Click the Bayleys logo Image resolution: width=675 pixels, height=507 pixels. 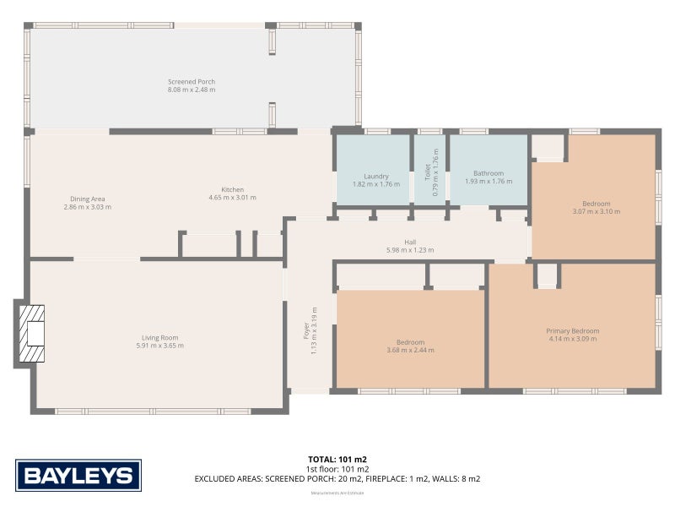point(78,475)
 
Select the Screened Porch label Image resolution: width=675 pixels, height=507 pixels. point(192,82)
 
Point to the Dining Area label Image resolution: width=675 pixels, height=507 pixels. point(88,199)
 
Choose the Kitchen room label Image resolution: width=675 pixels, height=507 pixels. point(232,189)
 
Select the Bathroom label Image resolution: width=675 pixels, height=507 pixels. point(488,173)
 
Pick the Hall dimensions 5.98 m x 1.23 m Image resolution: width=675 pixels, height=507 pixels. point(409,250)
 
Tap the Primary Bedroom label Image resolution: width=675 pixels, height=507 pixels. point(572,330)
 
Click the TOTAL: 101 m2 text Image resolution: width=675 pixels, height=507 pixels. point(337,459)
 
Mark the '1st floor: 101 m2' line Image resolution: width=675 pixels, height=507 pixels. point(337,469)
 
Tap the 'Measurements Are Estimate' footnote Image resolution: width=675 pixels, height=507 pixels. point(337,492)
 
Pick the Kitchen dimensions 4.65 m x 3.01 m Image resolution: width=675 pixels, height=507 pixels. point(232,198)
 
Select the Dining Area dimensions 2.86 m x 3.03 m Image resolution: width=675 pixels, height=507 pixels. point(88,207)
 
